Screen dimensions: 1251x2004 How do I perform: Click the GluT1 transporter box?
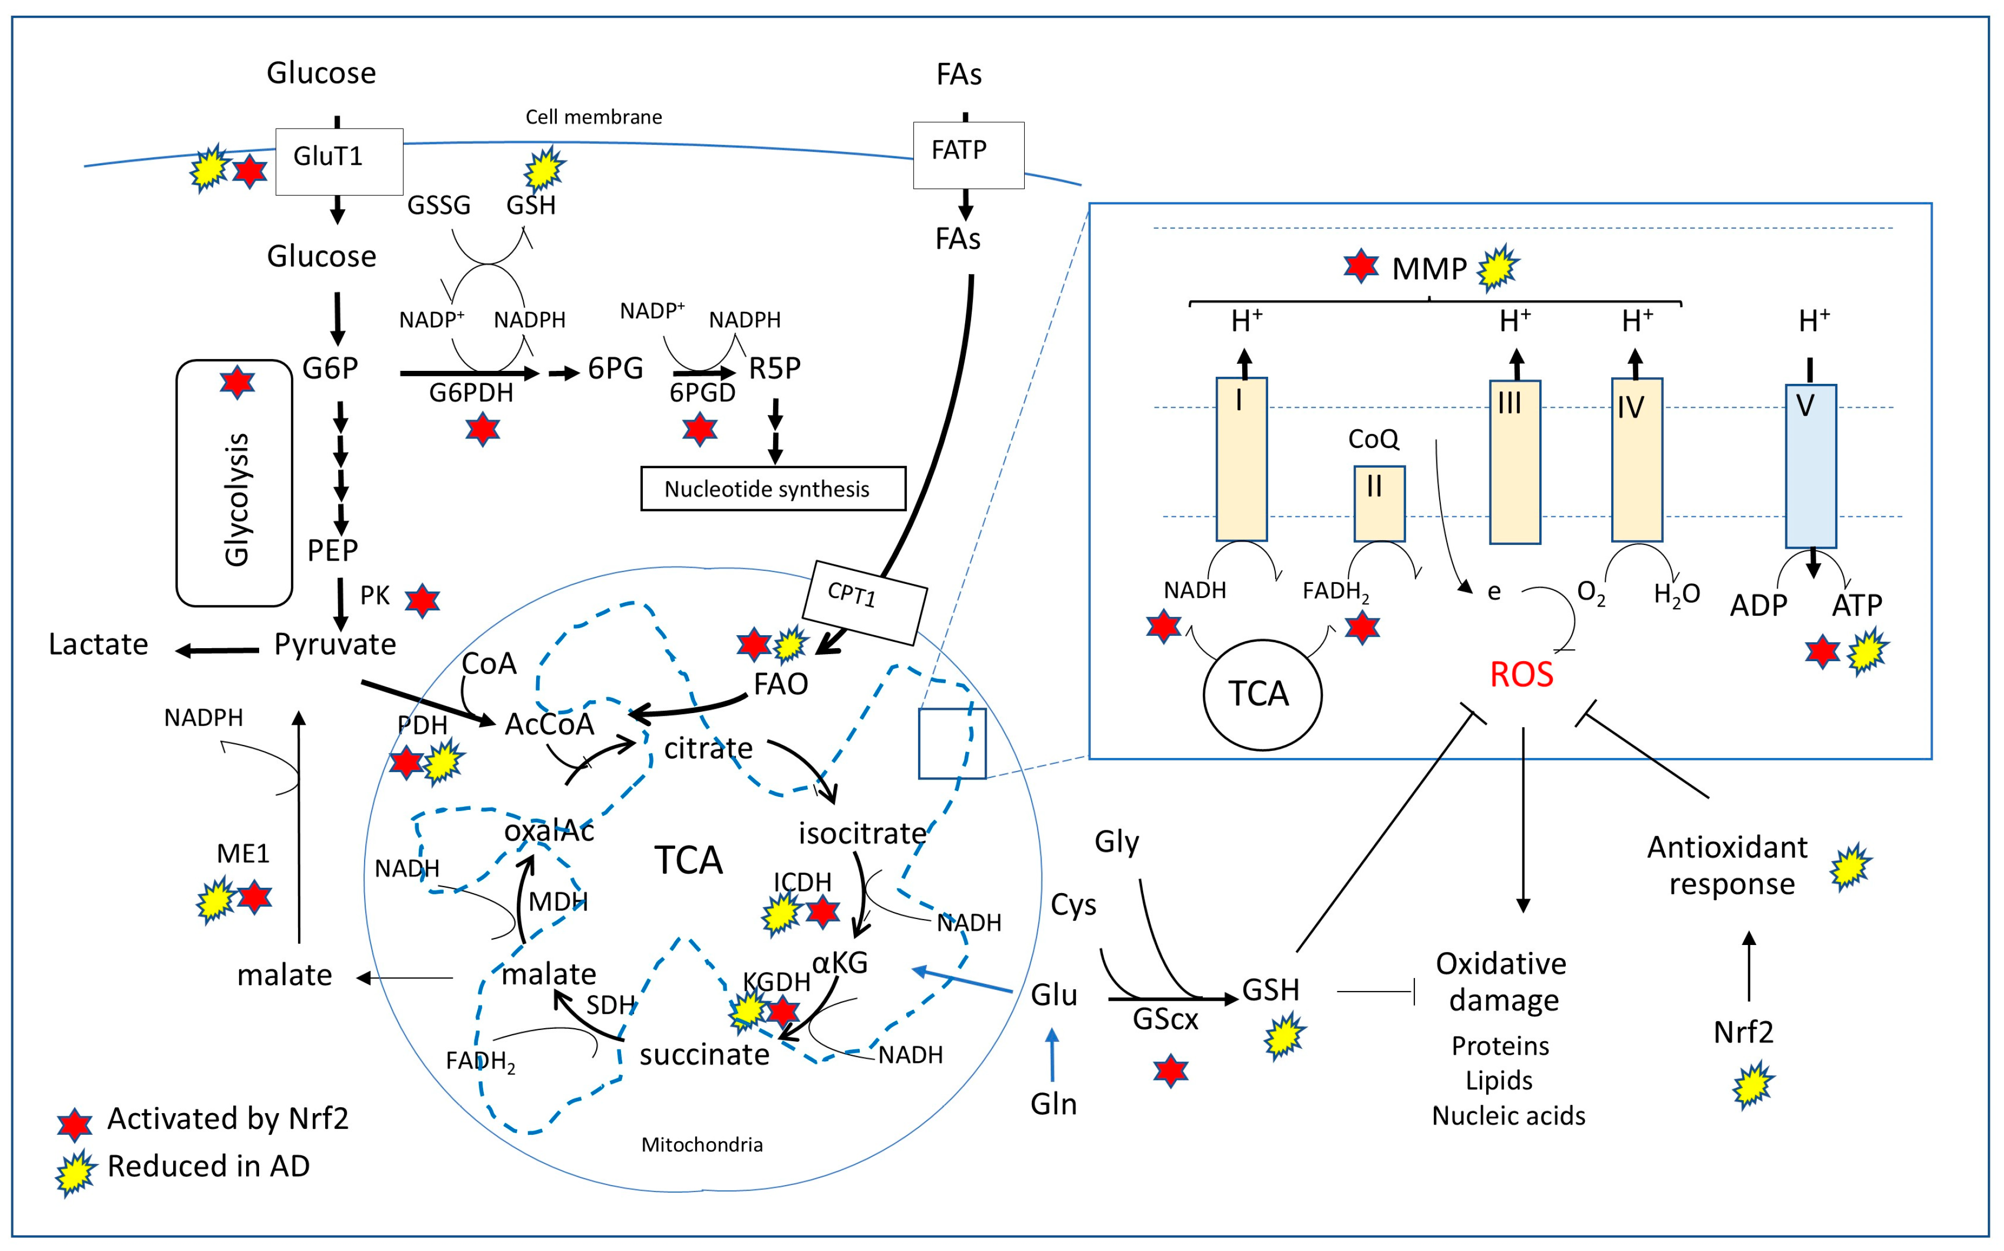point(339,161)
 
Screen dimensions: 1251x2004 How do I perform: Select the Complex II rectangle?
point(1378,503)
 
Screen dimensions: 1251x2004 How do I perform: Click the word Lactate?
point(98,644)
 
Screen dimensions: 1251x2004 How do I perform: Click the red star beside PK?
point(422,601)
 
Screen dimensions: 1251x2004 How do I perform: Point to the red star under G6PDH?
point(482,429)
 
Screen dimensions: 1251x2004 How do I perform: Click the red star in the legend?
point(75,1123)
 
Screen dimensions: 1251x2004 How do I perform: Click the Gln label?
point(1053,1104)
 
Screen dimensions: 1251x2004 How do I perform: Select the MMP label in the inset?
point(1429,269)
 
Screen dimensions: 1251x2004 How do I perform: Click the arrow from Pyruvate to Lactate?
point(217,650)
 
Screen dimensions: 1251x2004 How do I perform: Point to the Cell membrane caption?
point(594,117)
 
